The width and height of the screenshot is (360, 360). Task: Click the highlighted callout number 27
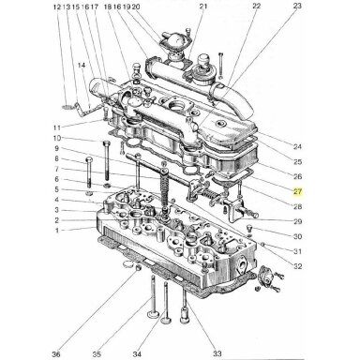pyautogui.click(x=297, y=191)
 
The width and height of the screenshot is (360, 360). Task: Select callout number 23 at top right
pyautogui.click(x=297, y=6)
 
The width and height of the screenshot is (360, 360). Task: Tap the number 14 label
pyautogui.click(x=82, y=66)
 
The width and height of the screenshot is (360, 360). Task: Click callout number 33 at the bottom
pyautogui.click(x=217, y=353)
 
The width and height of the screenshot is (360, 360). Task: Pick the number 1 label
pyautogui.click(x=57, y=231)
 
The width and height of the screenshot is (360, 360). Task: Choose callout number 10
pyautogui.click(x=57, y=138)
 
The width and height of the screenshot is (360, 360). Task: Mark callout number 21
pyautogui.click(x=203, y=7)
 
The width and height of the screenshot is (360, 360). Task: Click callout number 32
pyautogui.click(x=297, y=266)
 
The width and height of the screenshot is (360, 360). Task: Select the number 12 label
pyautogui.click(x=57, y=7)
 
